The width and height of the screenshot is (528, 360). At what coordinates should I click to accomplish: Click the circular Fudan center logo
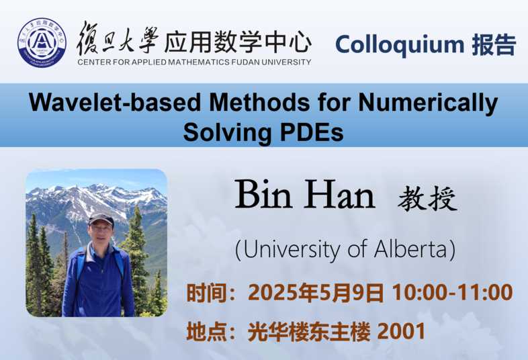pos(42,42)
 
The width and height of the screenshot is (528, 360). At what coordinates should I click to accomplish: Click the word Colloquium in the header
pos(400,45)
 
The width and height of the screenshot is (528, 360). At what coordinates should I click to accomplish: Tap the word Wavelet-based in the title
pos(115,102)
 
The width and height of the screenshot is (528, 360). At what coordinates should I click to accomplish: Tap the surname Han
pos(340,195)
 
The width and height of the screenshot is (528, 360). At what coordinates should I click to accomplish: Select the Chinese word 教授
pos(427,198)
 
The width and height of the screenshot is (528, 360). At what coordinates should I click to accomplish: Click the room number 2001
pos(402,331)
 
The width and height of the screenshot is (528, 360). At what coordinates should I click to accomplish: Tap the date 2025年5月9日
pos(316,292)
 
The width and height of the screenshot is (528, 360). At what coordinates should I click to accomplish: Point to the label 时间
pos(207,292)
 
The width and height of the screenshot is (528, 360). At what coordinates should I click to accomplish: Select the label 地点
pos(207,331)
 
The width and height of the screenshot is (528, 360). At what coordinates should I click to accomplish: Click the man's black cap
pos(101,218)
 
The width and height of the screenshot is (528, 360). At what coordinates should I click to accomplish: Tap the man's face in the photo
pos(101,234)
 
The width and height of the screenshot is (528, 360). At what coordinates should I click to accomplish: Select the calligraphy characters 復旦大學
pos(118,39)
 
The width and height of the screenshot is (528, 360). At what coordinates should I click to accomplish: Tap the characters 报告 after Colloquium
pos(494,45)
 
